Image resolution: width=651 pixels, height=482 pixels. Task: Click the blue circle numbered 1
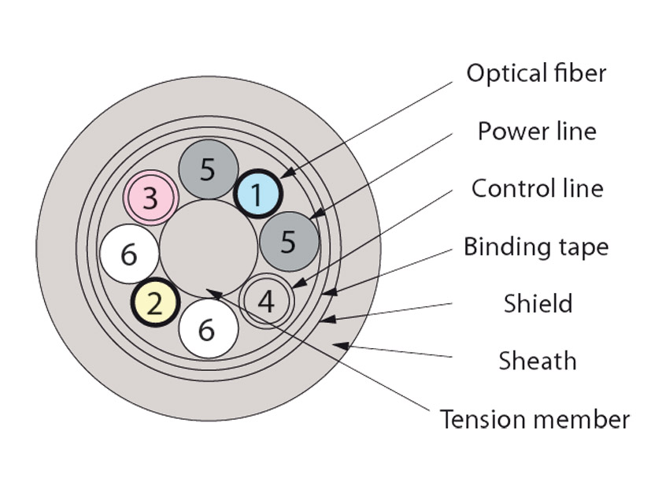(257, 194)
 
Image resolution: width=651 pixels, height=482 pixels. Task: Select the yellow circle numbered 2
(156, 303)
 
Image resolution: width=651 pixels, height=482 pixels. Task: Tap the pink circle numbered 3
(150, 197)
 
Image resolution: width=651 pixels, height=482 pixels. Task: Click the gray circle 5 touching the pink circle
(208, 169)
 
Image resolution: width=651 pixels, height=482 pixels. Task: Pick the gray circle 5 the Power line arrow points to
(289, 241)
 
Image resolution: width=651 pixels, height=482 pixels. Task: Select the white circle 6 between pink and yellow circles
(129, 254)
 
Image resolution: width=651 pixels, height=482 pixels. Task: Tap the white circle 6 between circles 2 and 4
(208, 329)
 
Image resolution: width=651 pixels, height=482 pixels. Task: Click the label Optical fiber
(536, 73)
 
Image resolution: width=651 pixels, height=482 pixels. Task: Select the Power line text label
(537, 131)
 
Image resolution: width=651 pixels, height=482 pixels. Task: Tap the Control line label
(537, 188)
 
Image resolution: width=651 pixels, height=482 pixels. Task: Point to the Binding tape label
(535, 247)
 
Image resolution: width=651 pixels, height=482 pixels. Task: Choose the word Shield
(538, 303)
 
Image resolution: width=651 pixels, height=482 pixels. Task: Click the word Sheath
(538, 361)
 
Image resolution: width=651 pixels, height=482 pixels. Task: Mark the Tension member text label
(535, 418)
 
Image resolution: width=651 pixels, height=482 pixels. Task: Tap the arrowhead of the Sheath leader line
(338, 345)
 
